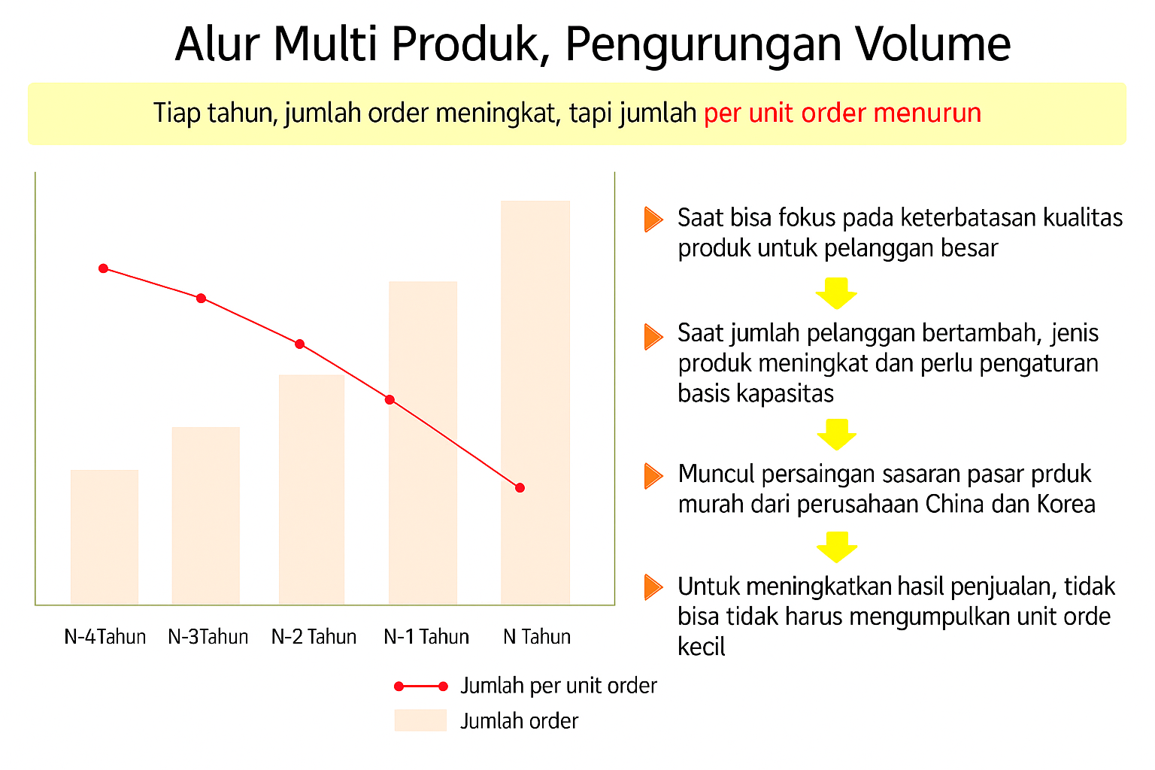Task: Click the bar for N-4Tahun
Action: (x=105, y=537)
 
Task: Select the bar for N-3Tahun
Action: (x=206, y=515)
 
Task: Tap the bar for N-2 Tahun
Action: (x=311, y=490)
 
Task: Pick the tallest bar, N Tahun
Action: (x=535, y=402)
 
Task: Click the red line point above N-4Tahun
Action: (x=103, y=268)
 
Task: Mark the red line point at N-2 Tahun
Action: (x=299, y=344)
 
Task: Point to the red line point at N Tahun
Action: (x=520, y=487)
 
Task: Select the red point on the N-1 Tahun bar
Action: (x=390, y=400)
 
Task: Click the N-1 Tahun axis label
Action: (x=426, y=636)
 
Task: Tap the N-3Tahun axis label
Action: (x=208, y=636)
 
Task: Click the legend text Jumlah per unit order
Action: (x=559, y=686)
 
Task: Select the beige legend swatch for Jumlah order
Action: (x=420, y=720)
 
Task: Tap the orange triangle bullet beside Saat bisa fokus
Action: (x=653, y=220)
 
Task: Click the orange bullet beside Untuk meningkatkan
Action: (x=653, y=587)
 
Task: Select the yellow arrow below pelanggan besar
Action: (x=836, y=293)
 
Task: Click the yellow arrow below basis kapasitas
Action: (x=836, y=435)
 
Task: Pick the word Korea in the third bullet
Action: (x=1066, y=504)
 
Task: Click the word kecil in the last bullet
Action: (x=702, y=646)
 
